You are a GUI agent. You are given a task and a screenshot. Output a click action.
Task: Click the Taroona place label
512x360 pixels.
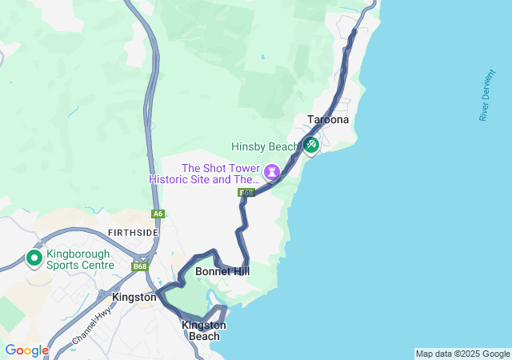328,120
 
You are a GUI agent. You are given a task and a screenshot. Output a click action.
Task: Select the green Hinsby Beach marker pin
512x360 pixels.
310,145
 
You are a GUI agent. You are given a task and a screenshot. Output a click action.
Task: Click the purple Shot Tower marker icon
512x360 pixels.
273,170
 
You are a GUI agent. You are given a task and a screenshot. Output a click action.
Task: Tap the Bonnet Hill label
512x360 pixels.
222,272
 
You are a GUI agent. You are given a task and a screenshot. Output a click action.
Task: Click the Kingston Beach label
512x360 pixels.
204,330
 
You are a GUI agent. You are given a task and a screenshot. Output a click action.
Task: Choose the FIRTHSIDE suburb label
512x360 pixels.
133,232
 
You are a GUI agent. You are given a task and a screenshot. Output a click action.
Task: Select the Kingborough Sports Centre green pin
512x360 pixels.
34,258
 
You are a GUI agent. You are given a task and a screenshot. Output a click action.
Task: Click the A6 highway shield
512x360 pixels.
158,214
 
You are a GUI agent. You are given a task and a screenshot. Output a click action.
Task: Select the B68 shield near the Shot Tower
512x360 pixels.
246,193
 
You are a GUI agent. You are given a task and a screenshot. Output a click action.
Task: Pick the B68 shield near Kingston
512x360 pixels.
141,266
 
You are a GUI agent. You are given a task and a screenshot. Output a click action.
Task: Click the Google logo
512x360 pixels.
26,350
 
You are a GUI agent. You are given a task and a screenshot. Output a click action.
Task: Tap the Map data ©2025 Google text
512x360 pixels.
462,354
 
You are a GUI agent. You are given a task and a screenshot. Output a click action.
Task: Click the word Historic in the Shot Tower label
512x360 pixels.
169,179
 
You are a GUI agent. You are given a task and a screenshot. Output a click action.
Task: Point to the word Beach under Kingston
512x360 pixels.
204,336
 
